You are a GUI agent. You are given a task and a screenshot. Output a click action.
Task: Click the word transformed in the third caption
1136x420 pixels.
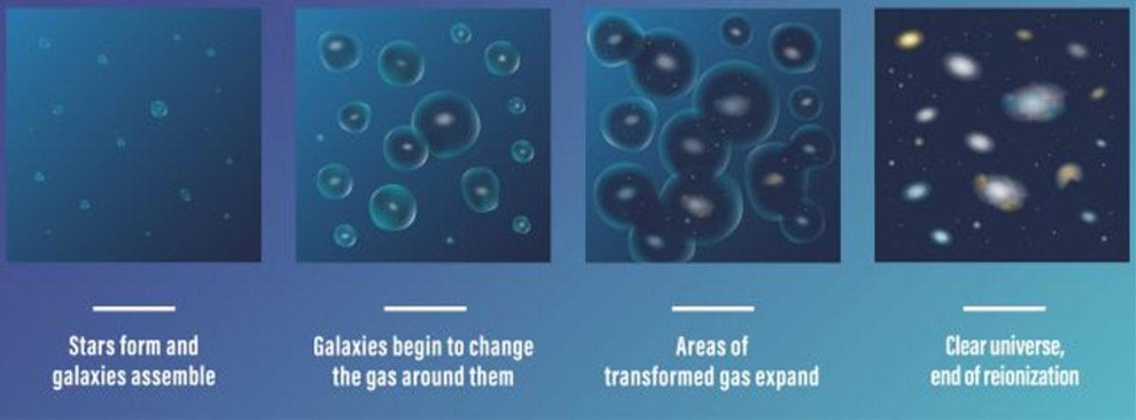[x=660, y=376]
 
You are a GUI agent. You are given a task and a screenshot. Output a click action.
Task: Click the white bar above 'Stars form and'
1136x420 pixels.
[x=133, y=308]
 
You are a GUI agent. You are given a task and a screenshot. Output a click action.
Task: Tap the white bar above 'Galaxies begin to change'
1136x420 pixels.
[x=425, y=308]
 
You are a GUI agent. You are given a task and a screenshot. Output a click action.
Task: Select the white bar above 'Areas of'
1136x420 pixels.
[x=713, y=308]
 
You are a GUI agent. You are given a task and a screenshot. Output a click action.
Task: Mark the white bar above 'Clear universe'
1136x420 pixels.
[x=1004, y=308]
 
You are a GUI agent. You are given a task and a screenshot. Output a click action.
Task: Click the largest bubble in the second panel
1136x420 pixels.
[x=446, y=123]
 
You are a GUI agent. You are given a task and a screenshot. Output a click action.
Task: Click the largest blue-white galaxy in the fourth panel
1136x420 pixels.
[x=1034, y=101]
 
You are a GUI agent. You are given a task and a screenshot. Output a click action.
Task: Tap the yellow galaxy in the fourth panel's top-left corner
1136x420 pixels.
[x=910, y=39]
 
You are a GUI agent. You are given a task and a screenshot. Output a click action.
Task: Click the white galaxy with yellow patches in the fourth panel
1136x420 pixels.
[x=1000, y=191]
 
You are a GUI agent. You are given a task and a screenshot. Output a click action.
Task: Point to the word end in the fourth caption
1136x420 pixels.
[x=945, y=376]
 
